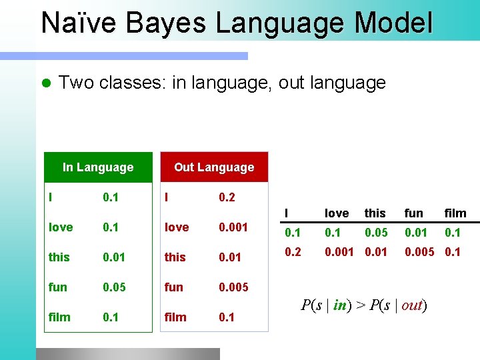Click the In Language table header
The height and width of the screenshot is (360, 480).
(98, 167)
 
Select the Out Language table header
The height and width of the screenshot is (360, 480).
(214, 167)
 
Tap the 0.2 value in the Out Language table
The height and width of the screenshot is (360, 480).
(227, 198)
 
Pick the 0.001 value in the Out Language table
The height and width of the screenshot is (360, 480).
(233, 227)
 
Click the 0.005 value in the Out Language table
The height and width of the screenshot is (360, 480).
(233, 287)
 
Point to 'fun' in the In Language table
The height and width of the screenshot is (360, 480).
(58, 287)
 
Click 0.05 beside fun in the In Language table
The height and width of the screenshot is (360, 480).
(115, 287)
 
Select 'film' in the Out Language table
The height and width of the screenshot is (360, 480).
(175, 317)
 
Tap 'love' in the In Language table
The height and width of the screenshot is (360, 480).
(61, 227)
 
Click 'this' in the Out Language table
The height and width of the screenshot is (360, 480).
(175, 257)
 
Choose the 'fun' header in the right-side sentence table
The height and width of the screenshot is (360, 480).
(413, 213)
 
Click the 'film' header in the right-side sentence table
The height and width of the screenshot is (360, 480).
(455, 213)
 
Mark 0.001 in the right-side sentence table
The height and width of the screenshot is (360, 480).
(339, 253)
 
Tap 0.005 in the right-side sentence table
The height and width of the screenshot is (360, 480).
(420, 253)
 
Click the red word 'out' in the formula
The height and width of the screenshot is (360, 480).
(412, 305)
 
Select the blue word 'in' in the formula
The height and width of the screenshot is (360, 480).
(340, 305)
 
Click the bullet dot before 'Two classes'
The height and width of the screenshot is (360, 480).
(45, 83)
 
